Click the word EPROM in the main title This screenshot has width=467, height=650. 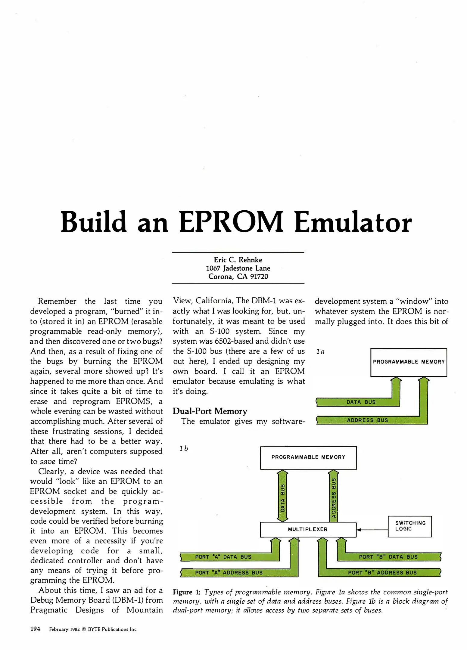(x=231, y=223)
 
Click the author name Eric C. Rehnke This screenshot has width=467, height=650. (x=238, y=260)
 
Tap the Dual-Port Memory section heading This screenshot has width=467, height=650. (x=210, y=411)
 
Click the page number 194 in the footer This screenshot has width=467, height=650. (x=35, y=629)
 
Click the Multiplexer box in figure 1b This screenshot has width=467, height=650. (x=308, y=529)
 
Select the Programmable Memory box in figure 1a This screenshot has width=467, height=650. (x=409, y=362)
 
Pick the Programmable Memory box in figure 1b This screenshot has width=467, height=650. (x=308, y=457)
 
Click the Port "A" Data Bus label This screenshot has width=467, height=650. (x=223, y=557)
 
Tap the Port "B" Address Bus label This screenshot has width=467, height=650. (x=382, y=573)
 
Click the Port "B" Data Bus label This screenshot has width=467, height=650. (x=388, y=557)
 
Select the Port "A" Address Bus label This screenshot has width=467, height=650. (x=229, y=573)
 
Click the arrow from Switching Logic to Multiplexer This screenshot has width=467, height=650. (x=372, y=530)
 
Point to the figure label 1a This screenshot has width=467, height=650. (x=320, y=351)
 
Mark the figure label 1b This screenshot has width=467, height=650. (x=184, y=449)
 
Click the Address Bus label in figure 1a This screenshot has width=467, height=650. (x=367, y=420)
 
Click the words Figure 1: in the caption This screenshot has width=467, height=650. (x=187, y=592)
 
